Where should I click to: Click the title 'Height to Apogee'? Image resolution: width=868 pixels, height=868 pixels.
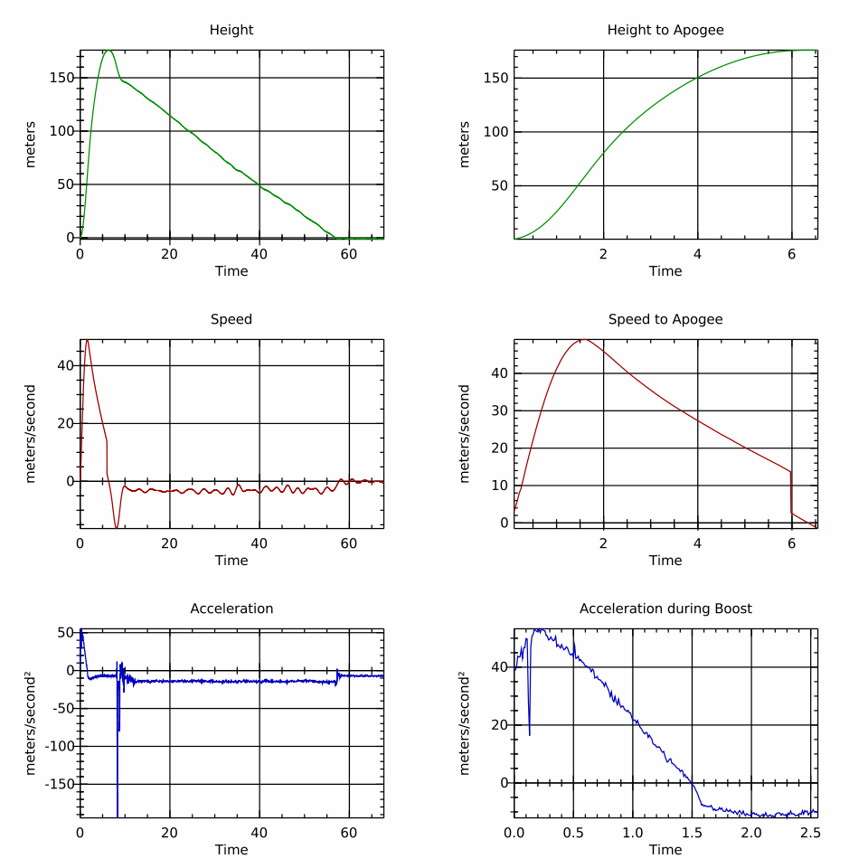pyautogui.click(x=665, y=30)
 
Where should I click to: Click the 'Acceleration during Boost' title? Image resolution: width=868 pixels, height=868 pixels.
pyautogui.click(x=665, y=609)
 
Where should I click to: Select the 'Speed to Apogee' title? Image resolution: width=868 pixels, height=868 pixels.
pyautogui.click(x=665, y=319)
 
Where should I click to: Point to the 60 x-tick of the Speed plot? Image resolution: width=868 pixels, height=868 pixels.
pyautogui.click(x=349, y=543)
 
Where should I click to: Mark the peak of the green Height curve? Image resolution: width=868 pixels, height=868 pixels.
pyautogui.click(x=108, y=50)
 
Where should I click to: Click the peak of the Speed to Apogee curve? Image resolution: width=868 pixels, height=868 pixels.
pyautogui.click(x=583, y=340)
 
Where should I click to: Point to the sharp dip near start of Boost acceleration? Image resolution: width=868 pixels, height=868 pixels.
pyautogui.click(x=529, y=734)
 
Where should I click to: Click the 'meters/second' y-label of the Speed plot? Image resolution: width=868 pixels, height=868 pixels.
pyautogui.click(x=31, y=434)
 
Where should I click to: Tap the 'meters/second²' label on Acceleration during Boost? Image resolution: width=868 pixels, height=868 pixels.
pyautogui.click(x=465, y=723)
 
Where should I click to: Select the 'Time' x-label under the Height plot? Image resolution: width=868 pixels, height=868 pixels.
pyautogui.click(x=231, y=270)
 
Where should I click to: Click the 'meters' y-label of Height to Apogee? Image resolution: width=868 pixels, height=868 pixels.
pyautogui.click(x=465, y=145)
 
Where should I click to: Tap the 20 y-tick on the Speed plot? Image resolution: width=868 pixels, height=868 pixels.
pyautogui.click(x=64, y=423)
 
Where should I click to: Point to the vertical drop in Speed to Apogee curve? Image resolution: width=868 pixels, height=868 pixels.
pyautogui.click(x=791, y=493)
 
